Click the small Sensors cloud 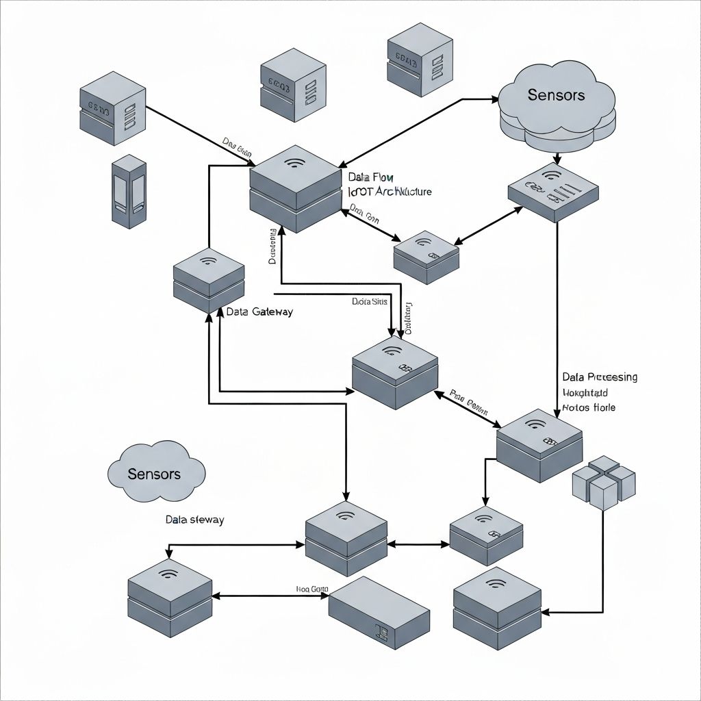(x=156, y=472)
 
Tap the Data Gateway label (x=259, y=312)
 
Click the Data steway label (x=194, y=520)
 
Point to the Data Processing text (x=600, y=377)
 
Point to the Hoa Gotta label (x=312, y=589)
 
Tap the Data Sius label (x=370, y=301)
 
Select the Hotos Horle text (x=589, y=407)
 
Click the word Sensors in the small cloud (x=155, y=474)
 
